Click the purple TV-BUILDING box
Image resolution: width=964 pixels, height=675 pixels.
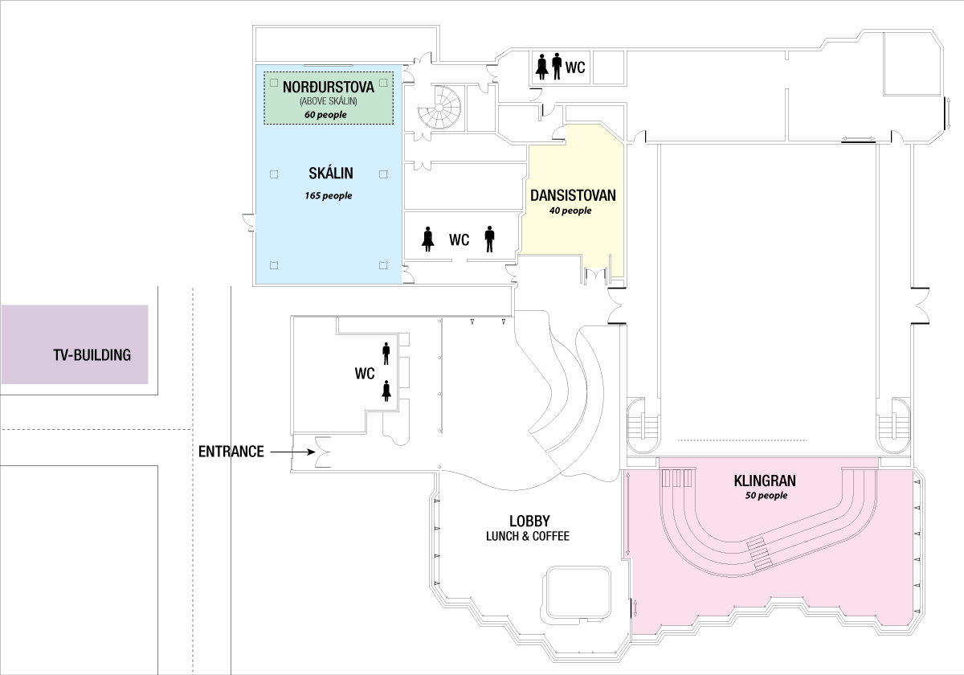[75, 345]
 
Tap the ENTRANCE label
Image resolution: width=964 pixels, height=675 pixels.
[231, 452]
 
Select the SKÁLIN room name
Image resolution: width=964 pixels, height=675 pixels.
[330, 173]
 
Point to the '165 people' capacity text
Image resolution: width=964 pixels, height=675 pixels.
[328, 195]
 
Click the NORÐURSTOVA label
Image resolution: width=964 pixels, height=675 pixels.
[328, 85]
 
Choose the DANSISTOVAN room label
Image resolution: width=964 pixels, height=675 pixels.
[571, 195]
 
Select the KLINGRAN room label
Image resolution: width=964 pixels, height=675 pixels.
[765, 481]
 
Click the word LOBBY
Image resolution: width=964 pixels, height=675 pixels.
[529, 521]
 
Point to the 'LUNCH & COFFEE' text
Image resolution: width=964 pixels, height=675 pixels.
[528, 536]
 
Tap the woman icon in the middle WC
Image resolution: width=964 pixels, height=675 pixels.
[428, 239]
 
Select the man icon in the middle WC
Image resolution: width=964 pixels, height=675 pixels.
[489, 239]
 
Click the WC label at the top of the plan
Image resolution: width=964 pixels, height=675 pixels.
[575, 67]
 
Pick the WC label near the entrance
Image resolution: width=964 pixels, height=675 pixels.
[365, 374]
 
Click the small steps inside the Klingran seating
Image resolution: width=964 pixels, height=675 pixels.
[759, 554]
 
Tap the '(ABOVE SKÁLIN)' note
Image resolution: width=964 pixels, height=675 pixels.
[328, 101]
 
